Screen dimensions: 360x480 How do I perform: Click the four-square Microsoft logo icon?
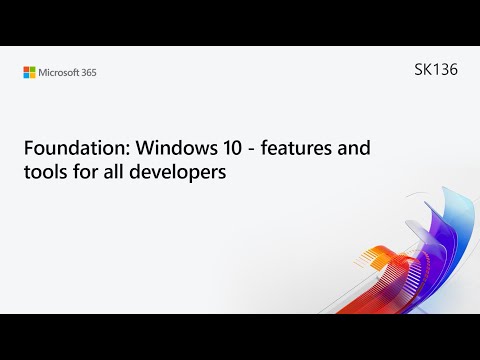click(x=30, y=71)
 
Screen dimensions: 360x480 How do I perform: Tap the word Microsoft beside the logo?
click(x=60, y=72)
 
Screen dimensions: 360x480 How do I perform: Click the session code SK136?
click(x=435, y=71)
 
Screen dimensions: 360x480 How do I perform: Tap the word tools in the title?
click(x=44, y=173)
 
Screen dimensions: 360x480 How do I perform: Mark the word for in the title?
click(x=84, y=173)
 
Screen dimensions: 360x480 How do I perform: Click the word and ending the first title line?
click(x=351, y=148)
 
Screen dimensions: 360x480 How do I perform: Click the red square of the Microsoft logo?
click(x=27, y=68)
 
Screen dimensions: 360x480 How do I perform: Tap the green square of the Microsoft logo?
click(x=33, y=68)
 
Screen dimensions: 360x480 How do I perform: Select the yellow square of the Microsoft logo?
click(x=33, y=74)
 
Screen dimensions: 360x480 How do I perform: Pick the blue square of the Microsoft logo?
click(x=27, y=74)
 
